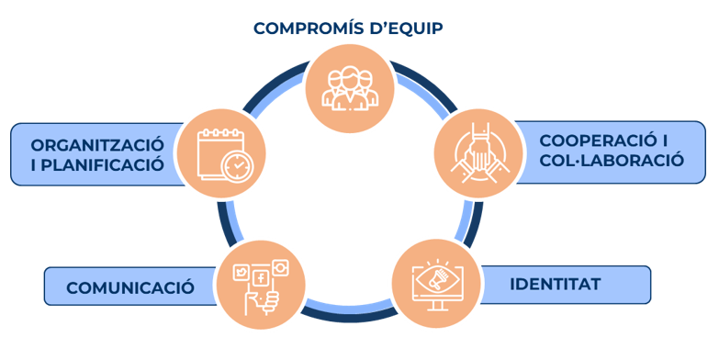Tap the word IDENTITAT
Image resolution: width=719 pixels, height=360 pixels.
(555, 284)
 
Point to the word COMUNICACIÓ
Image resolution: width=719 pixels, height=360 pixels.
(129, 287)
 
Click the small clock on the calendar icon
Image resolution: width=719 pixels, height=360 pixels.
(237, 165)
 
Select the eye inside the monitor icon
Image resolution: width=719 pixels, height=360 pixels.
(434, 276)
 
